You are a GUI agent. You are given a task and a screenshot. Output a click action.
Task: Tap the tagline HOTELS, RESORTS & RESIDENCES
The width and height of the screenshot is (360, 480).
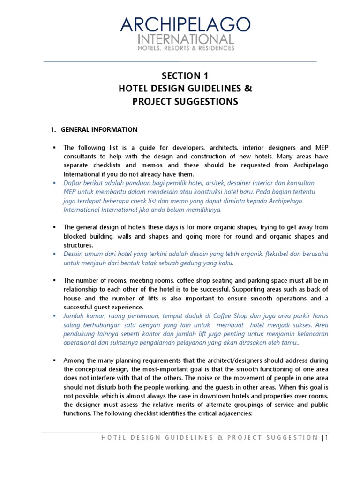pyautogui.click(x=185, y=48)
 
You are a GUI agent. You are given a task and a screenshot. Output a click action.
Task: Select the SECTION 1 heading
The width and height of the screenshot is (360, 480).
pyautogui.click(x=184, y=76)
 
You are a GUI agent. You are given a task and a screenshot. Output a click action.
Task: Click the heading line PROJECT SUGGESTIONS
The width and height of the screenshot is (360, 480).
pyautogui.click(x=184, y=101)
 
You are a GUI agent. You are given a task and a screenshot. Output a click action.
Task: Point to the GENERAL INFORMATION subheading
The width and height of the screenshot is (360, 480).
pyautogui.click(x=99, y=129)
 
